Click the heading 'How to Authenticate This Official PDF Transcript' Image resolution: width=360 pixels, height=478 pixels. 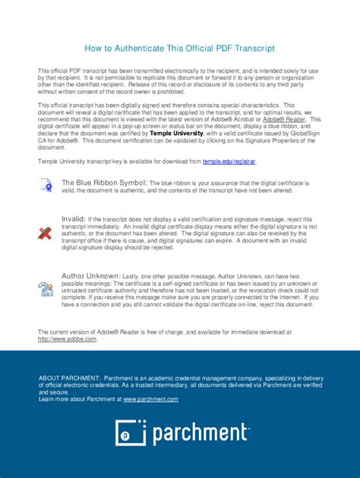click(179, 48)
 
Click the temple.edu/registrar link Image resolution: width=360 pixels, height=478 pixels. click(229, 162)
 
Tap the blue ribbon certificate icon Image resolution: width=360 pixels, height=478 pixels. click(46, 185)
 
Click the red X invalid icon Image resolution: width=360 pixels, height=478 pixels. click(46, 232)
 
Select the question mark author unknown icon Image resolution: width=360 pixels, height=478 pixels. click(46, 288)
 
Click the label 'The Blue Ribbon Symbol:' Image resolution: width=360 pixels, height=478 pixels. click(104, 183)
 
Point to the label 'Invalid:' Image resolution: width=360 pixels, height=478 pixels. click(74, 219)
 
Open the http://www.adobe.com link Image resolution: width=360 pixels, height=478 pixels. click(68, 339)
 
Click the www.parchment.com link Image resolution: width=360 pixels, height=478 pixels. click(150, 399)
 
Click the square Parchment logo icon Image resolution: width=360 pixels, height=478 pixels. click(130, 432)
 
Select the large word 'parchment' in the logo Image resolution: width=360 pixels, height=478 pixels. click(199, 433)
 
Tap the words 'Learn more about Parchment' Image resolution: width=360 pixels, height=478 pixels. click(80, 399)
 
